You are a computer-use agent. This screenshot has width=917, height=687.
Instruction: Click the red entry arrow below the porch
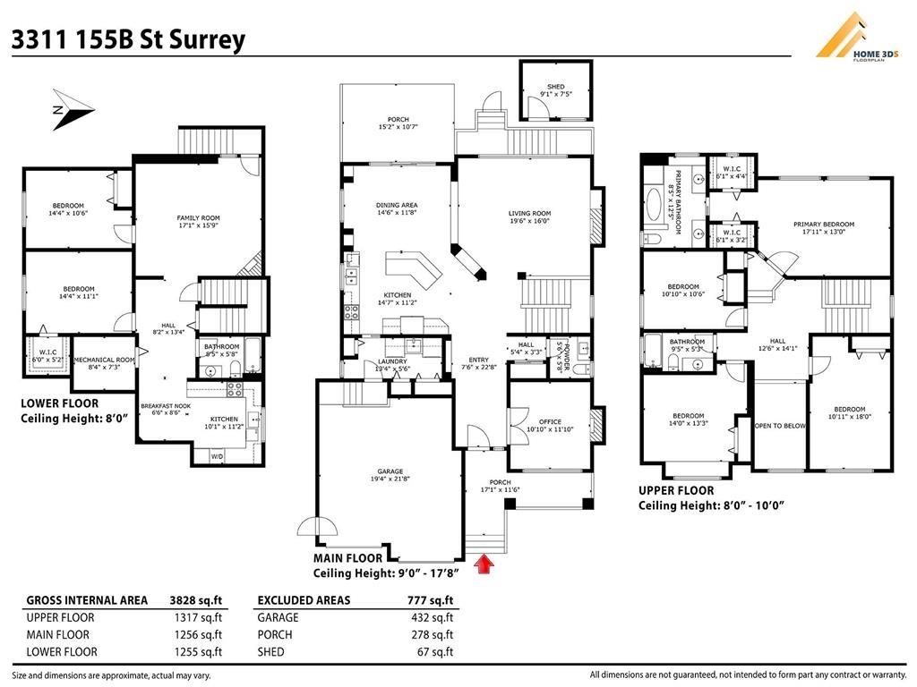484,564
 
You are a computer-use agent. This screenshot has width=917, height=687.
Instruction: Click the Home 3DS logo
862,40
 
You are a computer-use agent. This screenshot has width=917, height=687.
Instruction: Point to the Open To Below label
780,426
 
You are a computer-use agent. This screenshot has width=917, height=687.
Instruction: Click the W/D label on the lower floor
217,456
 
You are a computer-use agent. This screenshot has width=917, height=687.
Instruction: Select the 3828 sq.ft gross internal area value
197,600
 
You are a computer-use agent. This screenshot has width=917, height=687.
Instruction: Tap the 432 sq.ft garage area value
433,617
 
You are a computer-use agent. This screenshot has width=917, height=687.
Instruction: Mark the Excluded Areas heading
304,600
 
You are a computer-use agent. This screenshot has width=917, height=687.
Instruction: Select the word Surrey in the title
208,40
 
